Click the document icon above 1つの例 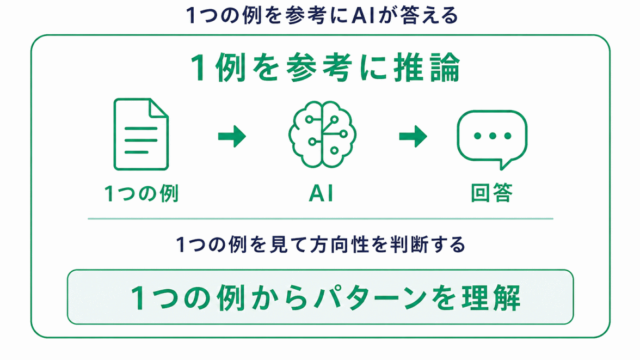[141, 134]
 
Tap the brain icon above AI [322, 135]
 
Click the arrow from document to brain [232, 136]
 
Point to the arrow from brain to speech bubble [413, 136]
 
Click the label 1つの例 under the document [141, 193]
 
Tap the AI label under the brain [321, 193]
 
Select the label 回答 [491, 193]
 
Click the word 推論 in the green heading [427, 68]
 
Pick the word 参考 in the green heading [319, 68]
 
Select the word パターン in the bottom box [370, 297]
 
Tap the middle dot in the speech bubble [492, 136]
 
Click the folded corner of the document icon [159, 108]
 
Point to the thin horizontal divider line [321, 219]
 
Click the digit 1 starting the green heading [198, 68]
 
